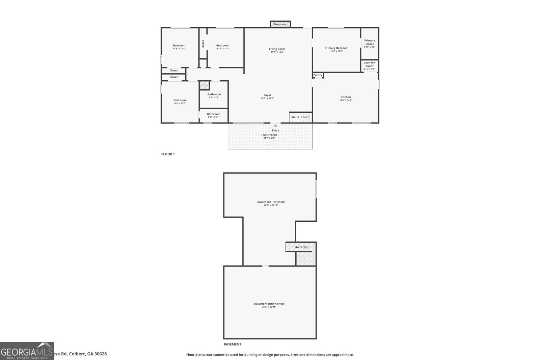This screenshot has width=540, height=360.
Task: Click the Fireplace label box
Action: click(280, 24)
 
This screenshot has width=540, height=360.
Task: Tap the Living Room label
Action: click(277, 49)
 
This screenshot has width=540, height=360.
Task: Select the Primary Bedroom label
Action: click(336, 48)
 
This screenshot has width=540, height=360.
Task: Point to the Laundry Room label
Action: click(369, 64)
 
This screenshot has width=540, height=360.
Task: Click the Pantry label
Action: click(318, 75)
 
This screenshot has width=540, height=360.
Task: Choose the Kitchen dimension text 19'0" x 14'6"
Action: click(346, 100)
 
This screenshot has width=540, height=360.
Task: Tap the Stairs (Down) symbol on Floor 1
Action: click(300, 117)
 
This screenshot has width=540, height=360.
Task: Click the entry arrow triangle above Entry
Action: click(275, 126)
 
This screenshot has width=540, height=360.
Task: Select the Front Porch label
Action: click(269, 135)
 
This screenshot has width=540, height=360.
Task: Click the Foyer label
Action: click(267, 95)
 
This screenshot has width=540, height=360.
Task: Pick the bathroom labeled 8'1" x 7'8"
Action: click(214, 95)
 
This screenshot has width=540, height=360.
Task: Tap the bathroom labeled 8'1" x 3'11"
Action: click(214, 115)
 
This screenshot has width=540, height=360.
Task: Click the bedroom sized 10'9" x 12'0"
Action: click(180, 101)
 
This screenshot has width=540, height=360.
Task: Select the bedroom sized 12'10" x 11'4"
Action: click(222, 47)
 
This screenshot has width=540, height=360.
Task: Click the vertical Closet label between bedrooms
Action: click(203, 44)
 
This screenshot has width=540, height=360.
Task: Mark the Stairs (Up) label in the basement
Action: click(301, 247)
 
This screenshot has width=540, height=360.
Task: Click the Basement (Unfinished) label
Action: click(269, 304)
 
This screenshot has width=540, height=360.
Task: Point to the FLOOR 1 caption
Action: click(168, 154)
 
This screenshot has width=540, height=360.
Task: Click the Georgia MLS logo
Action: click(27, 351)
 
